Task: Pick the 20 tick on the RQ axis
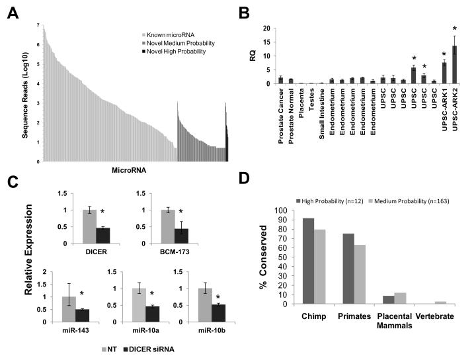268,28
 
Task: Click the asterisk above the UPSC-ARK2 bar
455,28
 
